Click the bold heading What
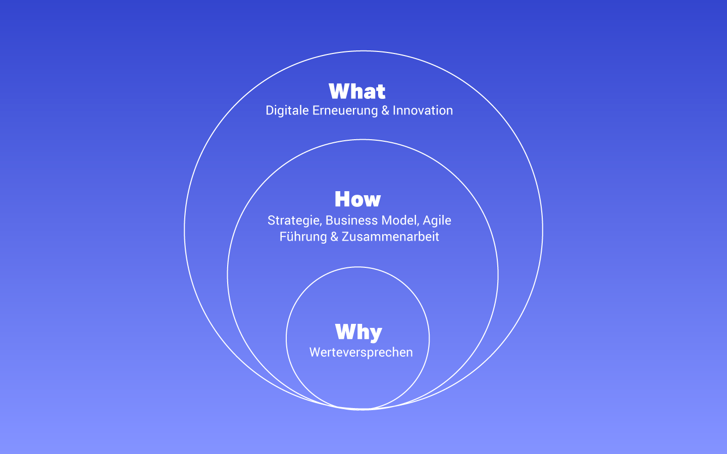pos(357,91)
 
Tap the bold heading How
pos(357,199)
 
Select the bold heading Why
pos(358,332)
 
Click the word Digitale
pos(287,110)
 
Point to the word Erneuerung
pos(345,110)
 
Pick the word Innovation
pos(423,110)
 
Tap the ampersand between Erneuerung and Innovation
pos(385,110)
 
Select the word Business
pos(351,220)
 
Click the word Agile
pos(437,220)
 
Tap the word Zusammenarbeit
pos(390,237)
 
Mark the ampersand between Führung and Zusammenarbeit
pos(334,237)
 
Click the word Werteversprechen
pos(361,353)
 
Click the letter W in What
pos(338,91)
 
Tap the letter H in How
pos(341,199)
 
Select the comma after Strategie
pos(321,224)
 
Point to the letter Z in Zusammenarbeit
pos(345,237)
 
